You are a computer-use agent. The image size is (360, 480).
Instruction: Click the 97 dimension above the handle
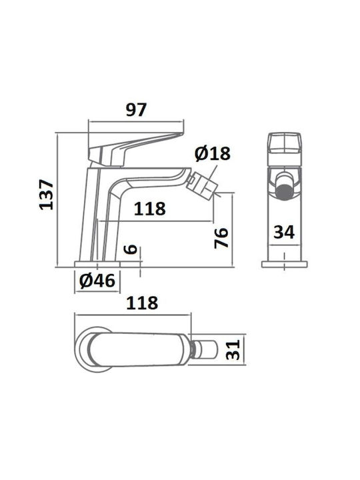(x=136, y=110)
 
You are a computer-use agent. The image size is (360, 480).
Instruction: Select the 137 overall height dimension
(x=47, y=195)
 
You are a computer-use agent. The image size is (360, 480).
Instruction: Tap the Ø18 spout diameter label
(x=213, y=153)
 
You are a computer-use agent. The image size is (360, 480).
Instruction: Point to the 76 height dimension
(x=221, y=237)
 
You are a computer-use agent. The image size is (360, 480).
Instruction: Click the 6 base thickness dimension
(x=131, y=250)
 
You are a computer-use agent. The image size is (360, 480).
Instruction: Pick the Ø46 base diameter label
(x=97, y=280)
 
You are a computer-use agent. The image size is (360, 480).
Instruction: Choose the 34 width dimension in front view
(x=284, y=232)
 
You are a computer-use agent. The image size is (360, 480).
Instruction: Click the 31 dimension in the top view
(x=233, y=350)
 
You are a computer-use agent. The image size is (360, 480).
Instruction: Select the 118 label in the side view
(x=150, y=209)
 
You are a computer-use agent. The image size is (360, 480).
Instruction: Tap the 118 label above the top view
(x=142, y=303)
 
